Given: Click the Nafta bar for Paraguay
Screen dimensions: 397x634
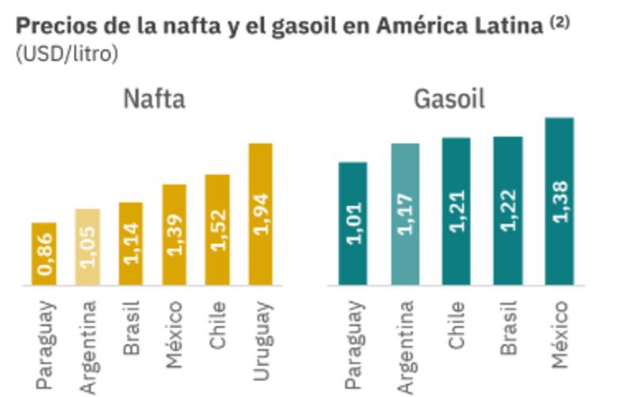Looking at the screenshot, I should [x=44, y=254].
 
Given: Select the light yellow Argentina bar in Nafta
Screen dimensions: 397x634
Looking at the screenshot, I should [x=88, y=246].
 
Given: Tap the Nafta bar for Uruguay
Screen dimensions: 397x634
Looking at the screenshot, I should [x=260, y=214].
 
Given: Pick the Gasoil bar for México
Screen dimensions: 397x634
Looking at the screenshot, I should [x=560, y=201].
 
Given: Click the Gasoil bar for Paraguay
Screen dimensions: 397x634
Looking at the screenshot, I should [x=353, y=223].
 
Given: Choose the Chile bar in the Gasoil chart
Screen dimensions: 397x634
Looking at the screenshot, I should [x=456, y=211].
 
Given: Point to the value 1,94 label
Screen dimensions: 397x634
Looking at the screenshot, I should [x=261, y=214].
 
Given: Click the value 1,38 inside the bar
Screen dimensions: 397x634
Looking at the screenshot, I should [x=560, y=202].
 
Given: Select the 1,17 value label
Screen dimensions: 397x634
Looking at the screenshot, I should [x=405, y=214].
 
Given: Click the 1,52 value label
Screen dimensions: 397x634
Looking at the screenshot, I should [x=217, y=230].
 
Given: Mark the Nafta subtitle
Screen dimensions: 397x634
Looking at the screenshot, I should [x=154, y=100].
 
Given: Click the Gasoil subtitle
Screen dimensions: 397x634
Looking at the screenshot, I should [x=449, y=100].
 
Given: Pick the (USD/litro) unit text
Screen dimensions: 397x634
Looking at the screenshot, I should [x=67, y=55].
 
